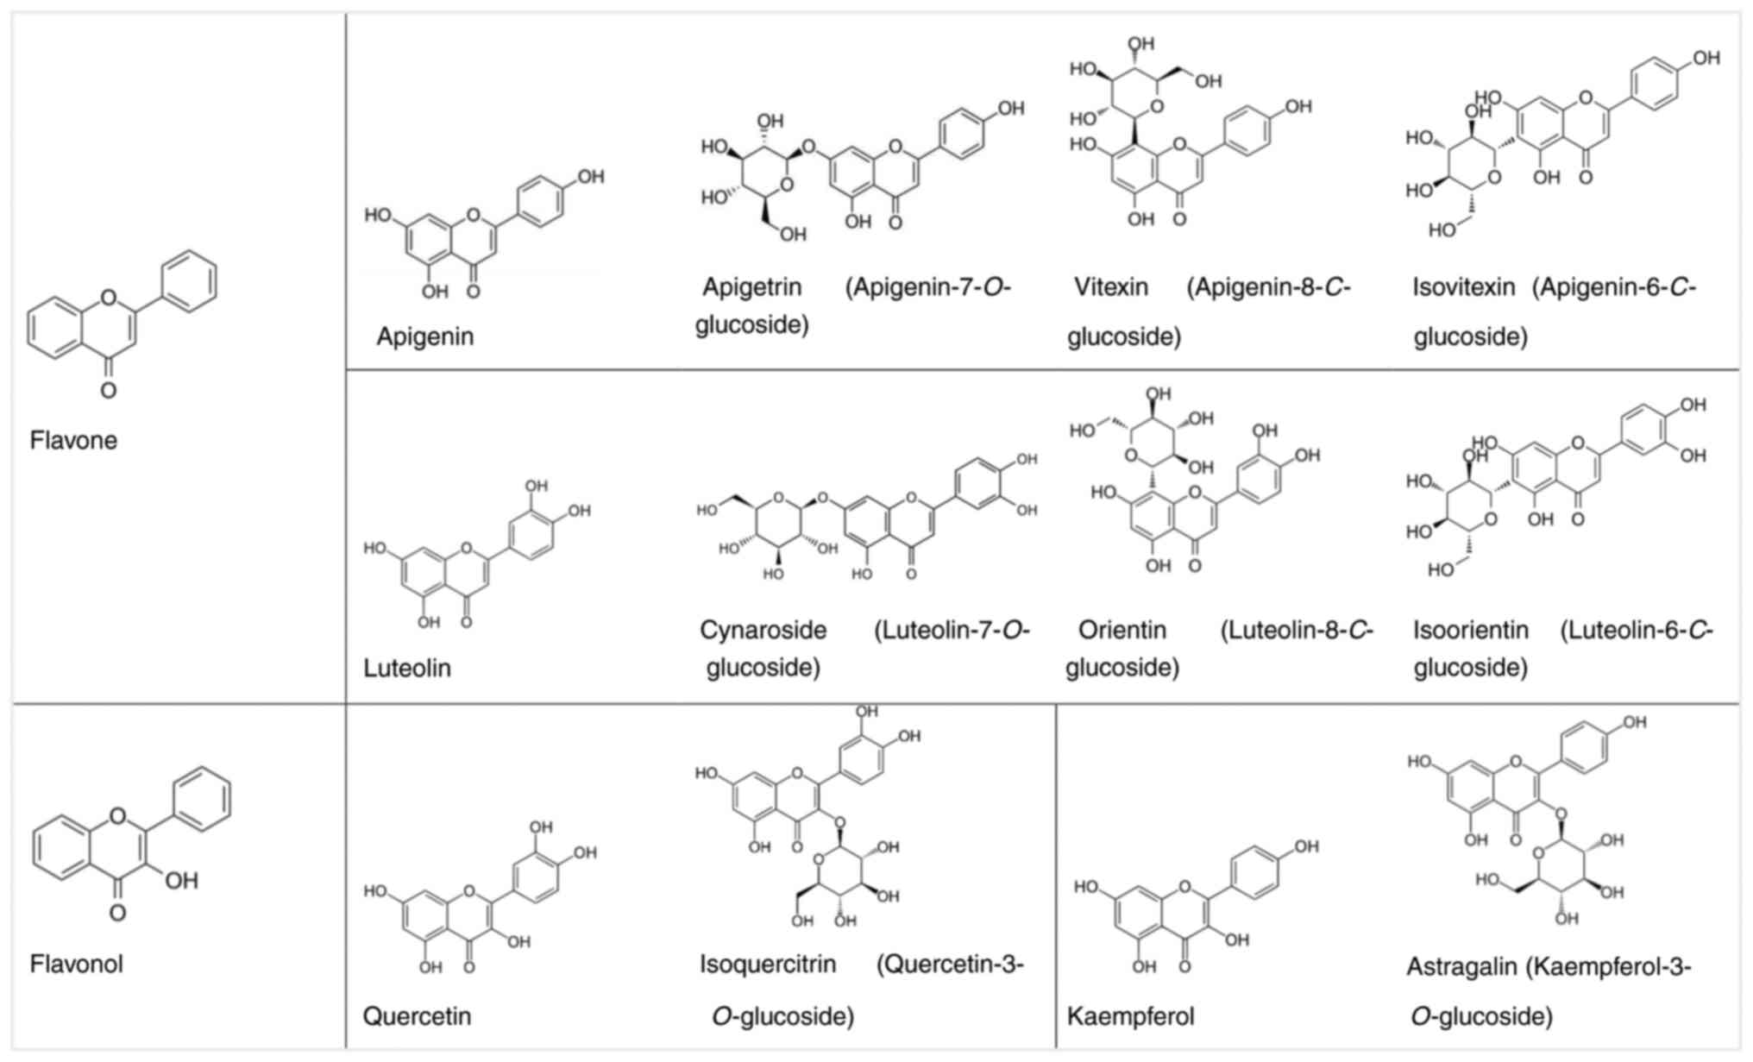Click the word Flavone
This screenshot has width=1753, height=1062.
pyautogui.click(x=73, y=440)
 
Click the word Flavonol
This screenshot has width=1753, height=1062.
pyautogui.click(x=76, y=964)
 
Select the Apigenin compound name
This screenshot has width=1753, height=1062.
pyautogui.click(x=424, y=336)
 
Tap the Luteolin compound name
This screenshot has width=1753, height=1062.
pyautogui.click(x=406, y=668)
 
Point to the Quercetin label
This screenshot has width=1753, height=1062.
pyautogui.click(x=417, y=1015)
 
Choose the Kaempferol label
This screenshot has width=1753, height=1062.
pyautogui.click(x=1130, y=1016)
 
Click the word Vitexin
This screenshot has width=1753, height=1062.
pyautogui.click(x=1110, y=286)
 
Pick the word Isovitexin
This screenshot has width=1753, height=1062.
pyautogui.click(x=1463, y=286)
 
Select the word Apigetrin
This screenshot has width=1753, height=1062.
pyautogui.click(x=751, y=286)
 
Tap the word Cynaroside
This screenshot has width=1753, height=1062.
pyautogui.click(x=763, y=630)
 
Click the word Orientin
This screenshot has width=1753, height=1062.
pyautogui.click(x=1122, y=630)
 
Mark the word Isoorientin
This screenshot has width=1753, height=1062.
pyautogui.click(x=1470, y=630)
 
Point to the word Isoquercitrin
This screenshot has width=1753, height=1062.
pyautogui.click(x=768, y=964)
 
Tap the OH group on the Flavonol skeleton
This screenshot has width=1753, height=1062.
pyautogui.click(x=181, y=881)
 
